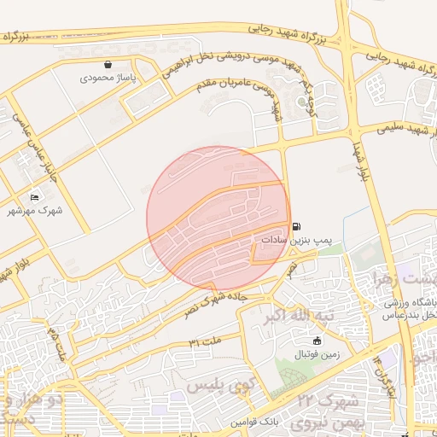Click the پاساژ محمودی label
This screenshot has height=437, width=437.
(108, 78)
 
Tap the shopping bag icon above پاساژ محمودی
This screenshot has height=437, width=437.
(108, 64)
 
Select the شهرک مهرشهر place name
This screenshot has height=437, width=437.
(35, 209)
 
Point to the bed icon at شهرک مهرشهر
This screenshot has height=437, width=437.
(35, 196)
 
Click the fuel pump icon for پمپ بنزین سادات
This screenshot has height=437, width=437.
(296, 227)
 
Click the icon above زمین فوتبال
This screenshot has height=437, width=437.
(317, 341)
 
